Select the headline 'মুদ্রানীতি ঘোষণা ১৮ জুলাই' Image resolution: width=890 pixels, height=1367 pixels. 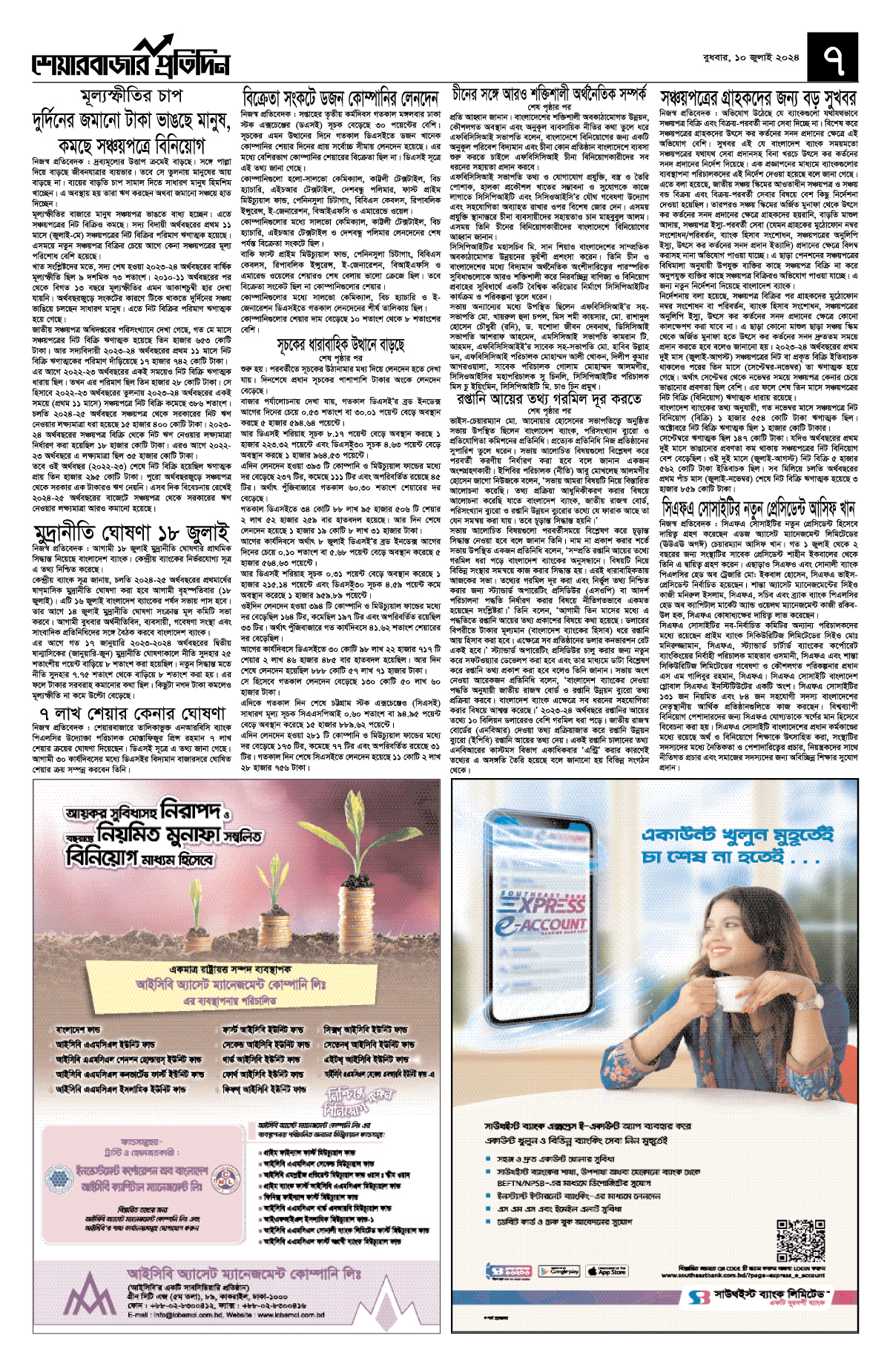[131, 533]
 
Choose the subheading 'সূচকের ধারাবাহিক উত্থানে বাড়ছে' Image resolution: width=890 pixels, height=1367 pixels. [340, 344]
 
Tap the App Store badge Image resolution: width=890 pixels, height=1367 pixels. [607, 1271]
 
